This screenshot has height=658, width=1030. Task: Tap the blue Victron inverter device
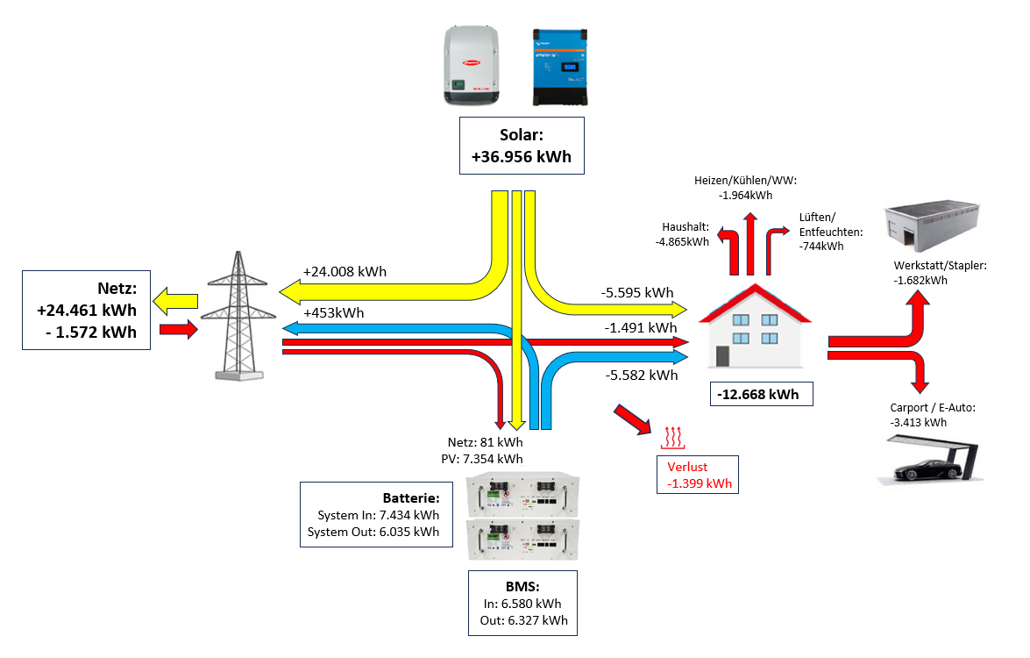tap(560, 67)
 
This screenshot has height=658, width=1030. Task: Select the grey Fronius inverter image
tap(472, 65)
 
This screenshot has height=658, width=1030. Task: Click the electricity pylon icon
tap(238, 316)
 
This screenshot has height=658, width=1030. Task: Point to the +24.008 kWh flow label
tap(345, 271)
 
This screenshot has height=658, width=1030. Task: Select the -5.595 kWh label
tap(637, 292)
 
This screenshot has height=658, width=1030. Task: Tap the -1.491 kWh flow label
tap(641, 328)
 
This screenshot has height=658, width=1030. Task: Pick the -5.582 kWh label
tap(641, 375)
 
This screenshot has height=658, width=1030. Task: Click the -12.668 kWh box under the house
tap(758, 394)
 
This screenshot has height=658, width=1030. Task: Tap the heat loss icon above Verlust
tap(672, 436)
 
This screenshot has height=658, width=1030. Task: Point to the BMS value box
tap(523, 603)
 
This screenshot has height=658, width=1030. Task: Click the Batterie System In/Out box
tap(373, 514)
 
